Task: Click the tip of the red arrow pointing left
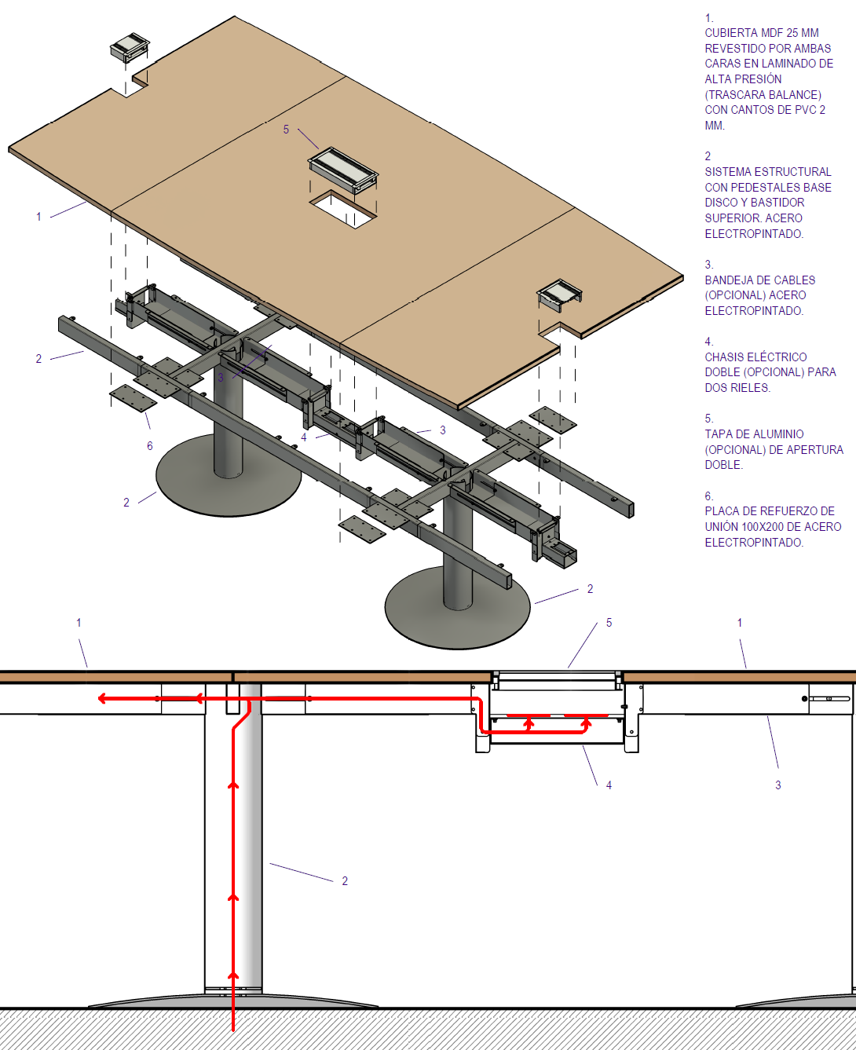click(99, 698)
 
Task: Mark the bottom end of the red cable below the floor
click(233, 1030)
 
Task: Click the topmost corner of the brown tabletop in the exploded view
click(235, 16)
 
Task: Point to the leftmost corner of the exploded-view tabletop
click(9, 148)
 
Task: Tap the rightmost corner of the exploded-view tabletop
click(682, 276)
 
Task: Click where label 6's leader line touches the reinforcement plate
click(145, 412)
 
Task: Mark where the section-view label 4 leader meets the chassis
click(583, 745)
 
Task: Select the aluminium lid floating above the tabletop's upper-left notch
click(130, 47)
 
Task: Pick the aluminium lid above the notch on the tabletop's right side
click(559, 295)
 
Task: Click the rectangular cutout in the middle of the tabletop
click(343, 209)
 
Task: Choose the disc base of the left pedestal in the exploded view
click(229, 475)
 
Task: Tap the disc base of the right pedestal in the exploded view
click(458, 607)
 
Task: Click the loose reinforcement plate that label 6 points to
click(133, 398)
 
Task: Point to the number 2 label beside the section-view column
click(345, 880)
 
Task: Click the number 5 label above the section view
click(609, 623)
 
